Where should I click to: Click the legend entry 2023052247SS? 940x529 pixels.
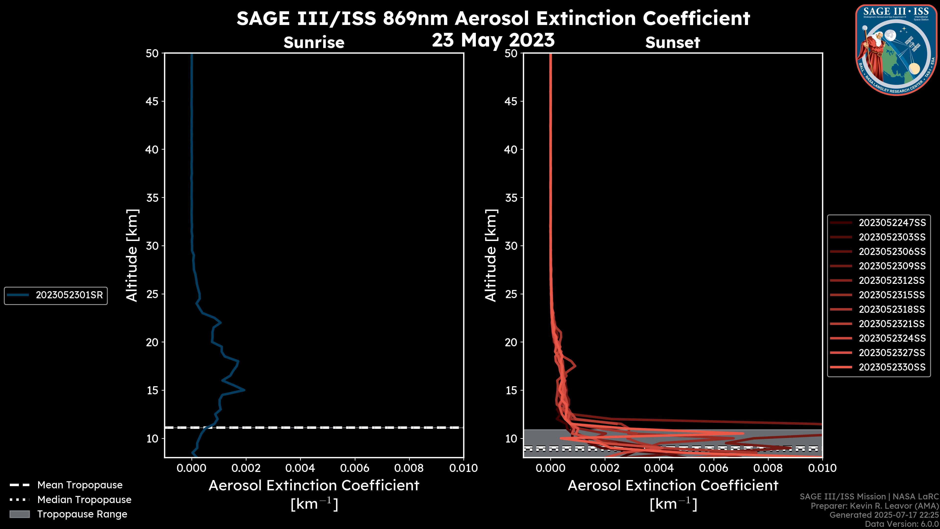click(x=892, y=223)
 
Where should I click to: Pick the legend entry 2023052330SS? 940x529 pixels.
click(x=892, y=367)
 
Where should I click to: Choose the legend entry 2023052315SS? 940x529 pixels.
click(x=892, y=295)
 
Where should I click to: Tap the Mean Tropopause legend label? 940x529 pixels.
click(x=80, y=485)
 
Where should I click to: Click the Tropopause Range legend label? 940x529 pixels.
click(x=82, y=514)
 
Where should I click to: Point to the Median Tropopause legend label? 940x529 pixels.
click(x=84, y=500)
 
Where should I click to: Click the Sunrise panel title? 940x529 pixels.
click(x=314, y=43)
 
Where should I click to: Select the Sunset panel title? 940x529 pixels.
click(x=672, y=43)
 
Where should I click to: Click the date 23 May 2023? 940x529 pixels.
click(x=493, y=40)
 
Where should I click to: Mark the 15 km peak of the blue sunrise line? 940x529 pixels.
click(x=244, y=390)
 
